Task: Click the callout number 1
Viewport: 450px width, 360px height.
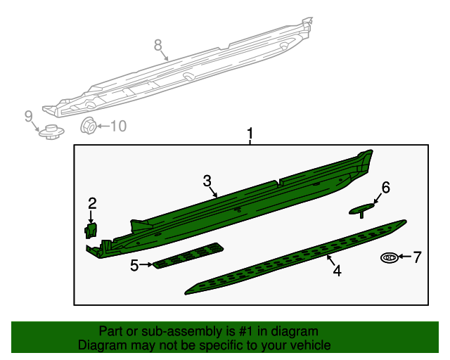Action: coord(248,134)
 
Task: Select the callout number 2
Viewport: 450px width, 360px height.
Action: coord(92,204)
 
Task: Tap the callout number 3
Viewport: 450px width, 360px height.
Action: coord(207,181)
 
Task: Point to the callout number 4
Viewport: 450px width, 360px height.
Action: coord(337,270)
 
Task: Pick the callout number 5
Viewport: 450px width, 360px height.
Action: coord(134,265)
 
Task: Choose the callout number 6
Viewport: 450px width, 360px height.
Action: coord(385,187)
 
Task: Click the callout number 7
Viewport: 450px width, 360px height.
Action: coord(416,257)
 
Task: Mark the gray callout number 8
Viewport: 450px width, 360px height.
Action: coord(158,46)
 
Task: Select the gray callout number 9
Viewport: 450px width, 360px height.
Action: coord(29,116)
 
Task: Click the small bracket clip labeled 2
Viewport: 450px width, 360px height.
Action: coord(91,229)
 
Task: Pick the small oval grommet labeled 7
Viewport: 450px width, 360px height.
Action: coord(389,258)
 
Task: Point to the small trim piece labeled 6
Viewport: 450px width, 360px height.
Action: coord(362,208)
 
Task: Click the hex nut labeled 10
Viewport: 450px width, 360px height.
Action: coord(89,127)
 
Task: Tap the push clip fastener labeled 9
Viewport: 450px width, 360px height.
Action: coord(50,131)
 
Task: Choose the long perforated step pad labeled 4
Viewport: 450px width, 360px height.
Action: coord(295,256)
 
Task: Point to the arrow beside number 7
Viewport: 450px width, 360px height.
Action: coord(404,258)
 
